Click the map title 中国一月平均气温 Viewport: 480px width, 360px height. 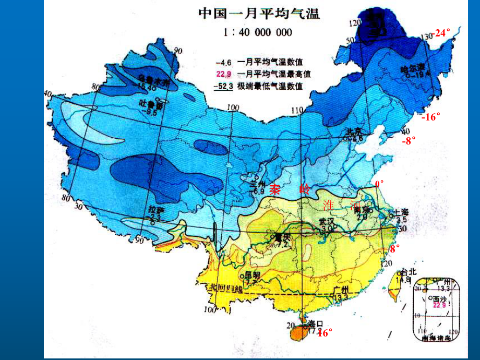[x=259, y=13]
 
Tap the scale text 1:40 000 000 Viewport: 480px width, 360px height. [x=257, y=32]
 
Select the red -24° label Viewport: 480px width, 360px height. [x=441, y=33]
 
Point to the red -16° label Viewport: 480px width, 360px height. [x=431, y=117]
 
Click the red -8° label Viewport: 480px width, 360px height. [x=409, y=140]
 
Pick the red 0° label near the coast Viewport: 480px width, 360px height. [x=379, y=184]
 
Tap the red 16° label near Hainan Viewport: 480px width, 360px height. [x=325, y=332]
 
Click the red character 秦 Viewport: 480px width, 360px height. [x=275, y=190]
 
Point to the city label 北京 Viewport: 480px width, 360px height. [x=354, y=131]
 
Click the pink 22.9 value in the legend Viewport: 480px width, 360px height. [x=224, y=74]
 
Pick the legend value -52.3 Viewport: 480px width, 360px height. [x=224, y=86]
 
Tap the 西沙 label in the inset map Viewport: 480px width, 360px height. [x=440, y=299]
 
